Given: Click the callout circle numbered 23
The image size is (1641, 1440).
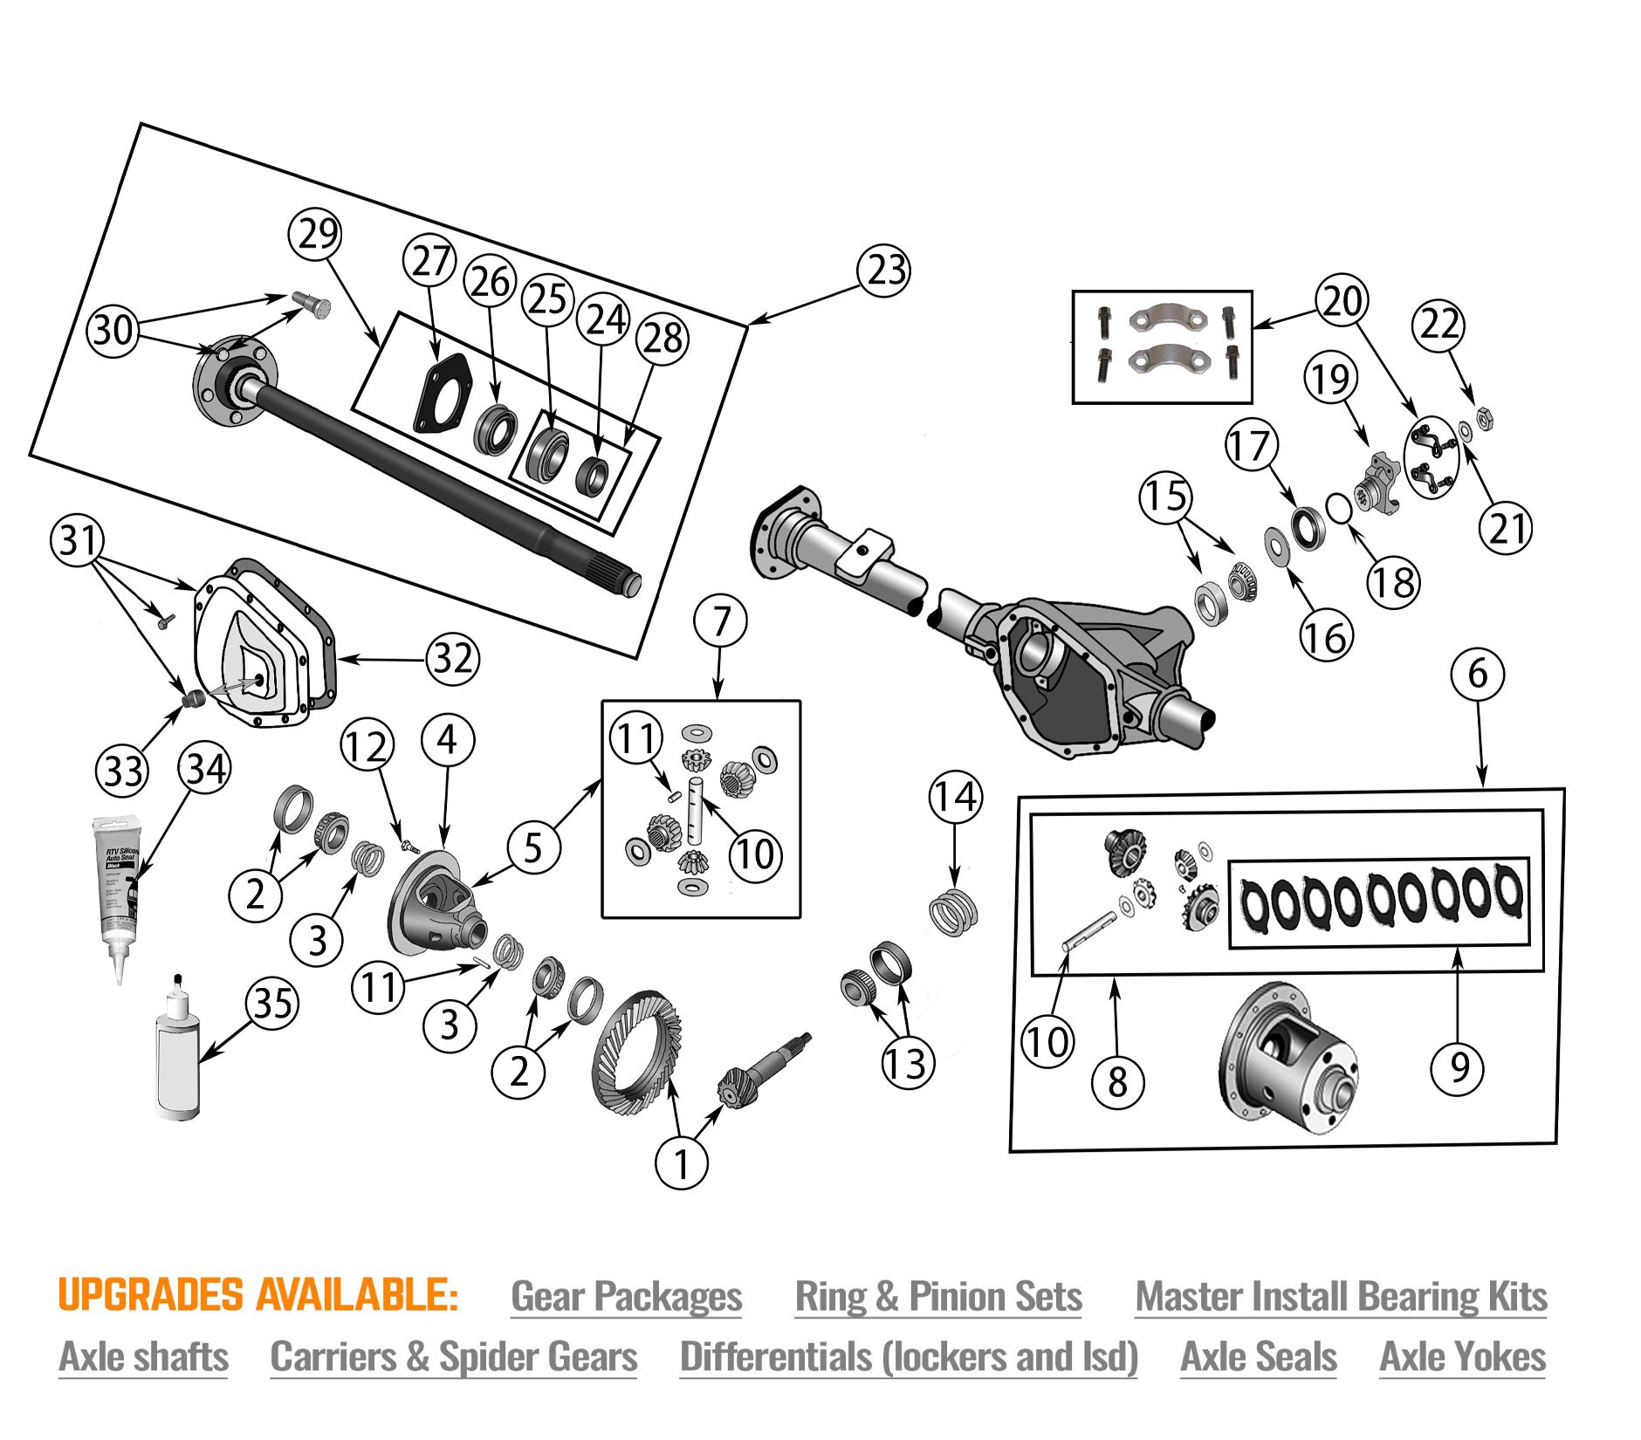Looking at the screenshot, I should (x=884, y=270).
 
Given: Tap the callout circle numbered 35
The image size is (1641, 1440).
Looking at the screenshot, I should (x=272, y=1004).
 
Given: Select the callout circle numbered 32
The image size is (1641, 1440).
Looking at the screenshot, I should (x=453, y=658).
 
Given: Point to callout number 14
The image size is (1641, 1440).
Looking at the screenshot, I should (x=955, y=797).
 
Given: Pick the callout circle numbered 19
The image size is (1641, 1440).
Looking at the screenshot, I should (x=1331, y=379).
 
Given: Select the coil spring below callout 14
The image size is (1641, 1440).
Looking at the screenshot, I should (x=953, y=911).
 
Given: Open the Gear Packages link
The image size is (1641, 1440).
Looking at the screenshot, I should (x=626, y=1296).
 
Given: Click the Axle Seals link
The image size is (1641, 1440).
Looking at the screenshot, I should (x=1258, y=1357).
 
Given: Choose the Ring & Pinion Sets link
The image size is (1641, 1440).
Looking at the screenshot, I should (x=937, y=1296).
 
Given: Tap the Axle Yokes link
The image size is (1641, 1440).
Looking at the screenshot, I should (x=1462, y=1357).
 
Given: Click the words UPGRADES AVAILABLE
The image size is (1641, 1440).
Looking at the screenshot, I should (x=257, y=1295).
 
